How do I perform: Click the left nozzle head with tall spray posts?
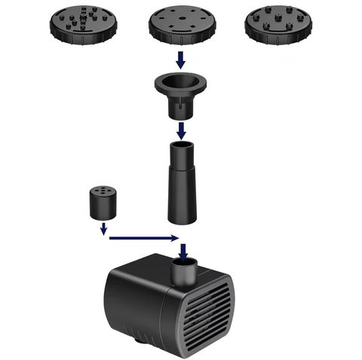(x=84, y=25)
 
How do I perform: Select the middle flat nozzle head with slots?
(x=179, y=25)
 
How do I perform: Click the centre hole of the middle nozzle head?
(x=179, y=21)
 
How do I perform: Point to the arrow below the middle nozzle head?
(x=179, y=58)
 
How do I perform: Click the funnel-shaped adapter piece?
(x=180, y=95)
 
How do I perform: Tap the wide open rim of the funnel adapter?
(x=180, y=81)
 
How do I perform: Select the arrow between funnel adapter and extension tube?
(x=180, y=130)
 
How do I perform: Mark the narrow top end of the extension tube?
(x=180, y=153)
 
